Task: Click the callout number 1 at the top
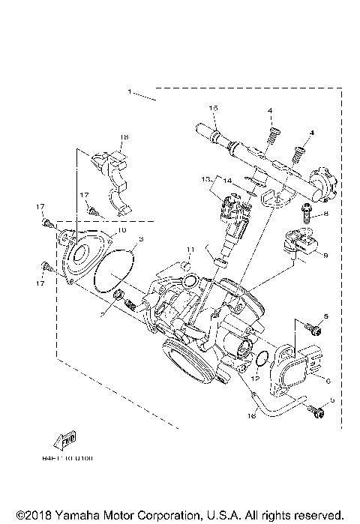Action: [x=129, y=91]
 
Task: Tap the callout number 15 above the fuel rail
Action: [x=213, y=109]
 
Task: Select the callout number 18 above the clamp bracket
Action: [x=124, y=137]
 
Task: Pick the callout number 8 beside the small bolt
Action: [x=327, y=214]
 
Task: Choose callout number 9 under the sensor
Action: [x=326, y=255]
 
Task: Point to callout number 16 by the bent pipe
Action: [x=252, y=414]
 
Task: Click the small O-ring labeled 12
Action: [x=259, y=359]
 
